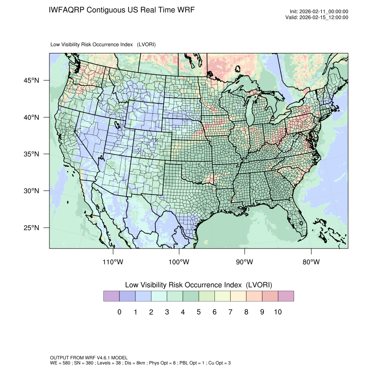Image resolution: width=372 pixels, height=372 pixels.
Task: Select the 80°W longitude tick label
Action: click(311, 262)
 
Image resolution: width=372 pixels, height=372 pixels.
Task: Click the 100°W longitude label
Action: click(179, 262)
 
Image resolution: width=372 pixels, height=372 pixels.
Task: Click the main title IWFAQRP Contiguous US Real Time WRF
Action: click(122, 10)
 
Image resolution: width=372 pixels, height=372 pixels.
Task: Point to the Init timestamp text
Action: click(319, 12)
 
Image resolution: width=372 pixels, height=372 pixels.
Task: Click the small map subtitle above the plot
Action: click(103, 45)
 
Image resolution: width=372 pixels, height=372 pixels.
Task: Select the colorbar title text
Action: click(199, 284)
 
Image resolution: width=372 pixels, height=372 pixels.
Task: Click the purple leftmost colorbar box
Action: click(111, 296)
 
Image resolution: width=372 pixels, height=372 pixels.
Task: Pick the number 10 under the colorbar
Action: click(277, 312)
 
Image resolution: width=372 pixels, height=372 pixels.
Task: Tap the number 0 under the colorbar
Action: click(119, 312)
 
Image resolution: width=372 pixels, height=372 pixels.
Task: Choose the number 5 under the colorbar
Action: click(198, 312)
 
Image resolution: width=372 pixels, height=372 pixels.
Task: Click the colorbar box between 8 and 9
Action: click(254, 296)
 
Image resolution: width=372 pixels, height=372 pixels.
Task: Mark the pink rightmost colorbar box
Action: click(286, 296)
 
